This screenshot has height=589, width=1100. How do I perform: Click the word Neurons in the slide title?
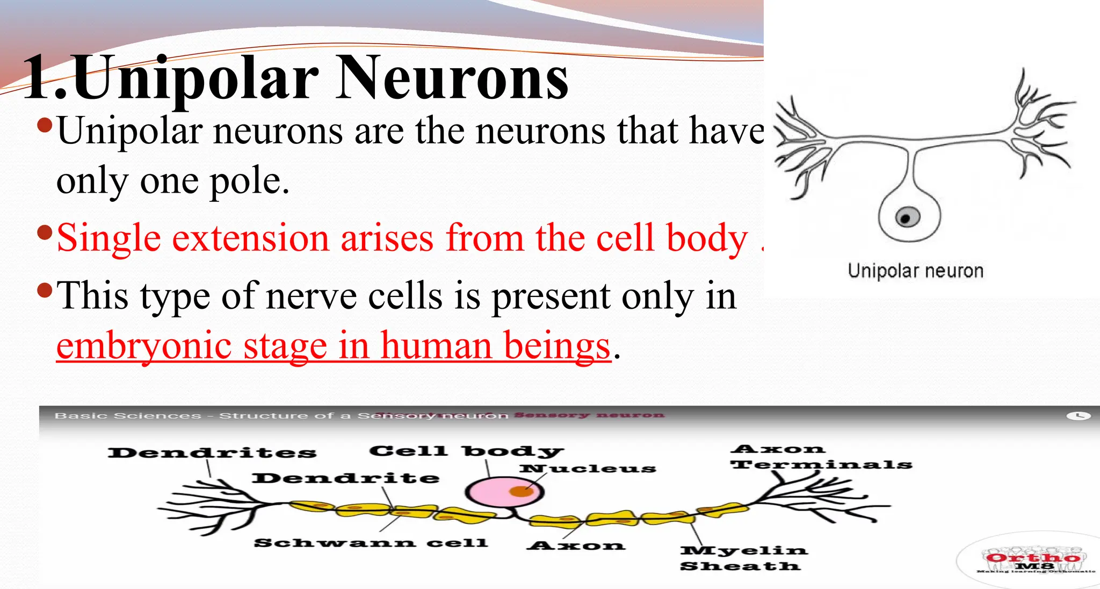[452, 78]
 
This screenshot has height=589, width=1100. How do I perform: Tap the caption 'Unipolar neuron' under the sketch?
[915, 271]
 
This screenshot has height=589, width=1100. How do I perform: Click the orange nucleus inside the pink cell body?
[520, 491]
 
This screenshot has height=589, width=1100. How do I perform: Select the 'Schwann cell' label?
[371, 543]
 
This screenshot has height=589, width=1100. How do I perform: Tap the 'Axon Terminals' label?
[821, 457]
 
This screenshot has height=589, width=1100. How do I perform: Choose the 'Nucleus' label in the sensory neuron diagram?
[588, 469]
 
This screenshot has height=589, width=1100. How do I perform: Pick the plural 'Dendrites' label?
[212, 453]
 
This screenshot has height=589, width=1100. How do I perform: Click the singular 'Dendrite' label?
[345, 478]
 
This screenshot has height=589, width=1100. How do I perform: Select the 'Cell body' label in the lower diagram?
[466, 451]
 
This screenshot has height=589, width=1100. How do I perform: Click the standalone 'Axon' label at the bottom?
[576, 546]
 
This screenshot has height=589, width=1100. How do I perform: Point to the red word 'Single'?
[108, 238]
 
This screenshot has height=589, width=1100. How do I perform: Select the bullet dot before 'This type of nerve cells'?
[45, 291]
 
